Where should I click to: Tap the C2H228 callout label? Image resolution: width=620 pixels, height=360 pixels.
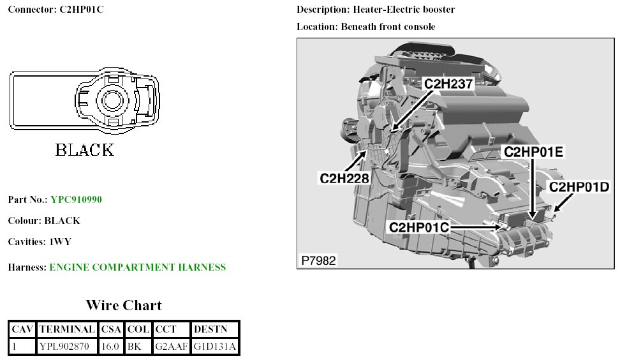pyautogui.click(x=344, y=178)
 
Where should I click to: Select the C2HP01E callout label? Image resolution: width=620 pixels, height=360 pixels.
pyautogui.click(x=533, y=152)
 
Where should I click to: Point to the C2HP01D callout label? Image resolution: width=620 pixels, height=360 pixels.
pyautogui.click(x=579, y=186)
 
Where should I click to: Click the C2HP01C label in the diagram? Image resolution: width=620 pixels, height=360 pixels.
pyautogui.click(x=419, y=227)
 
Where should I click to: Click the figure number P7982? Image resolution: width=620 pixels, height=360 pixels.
pyautogui.click(x=318, y=260)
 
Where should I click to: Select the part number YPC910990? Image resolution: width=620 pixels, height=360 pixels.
pyautogui.click(x=76, y=200)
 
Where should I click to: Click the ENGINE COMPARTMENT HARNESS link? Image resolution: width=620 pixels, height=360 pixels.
pyautogui.click(x=137, y=267)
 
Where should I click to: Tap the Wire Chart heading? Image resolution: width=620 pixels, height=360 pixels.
pyautogui.click(x=124, y=305)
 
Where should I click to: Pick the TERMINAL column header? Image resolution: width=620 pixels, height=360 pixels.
pyautogui.click(x=67, y=329)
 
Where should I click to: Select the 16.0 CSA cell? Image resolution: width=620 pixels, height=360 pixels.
pyautogui.click(x=110, y=347)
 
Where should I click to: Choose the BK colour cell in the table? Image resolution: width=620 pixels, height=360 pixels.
pyautogui.click(x=134, y=347)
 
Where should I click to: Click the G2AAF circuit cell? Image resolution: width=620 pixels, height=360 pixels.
pyautogui.click(x=170, y=347)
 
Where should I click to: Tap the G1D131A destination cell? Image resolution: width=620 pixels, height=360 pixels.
pyautogui.click(x=215, y=347)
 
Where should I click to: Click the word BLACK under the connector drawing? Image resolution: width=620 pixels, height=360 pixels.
pyautogui.click(x=85, y=151)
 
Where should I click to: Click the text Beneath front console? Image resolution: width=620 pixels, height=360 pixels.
pyautogui.click(x=388, y=27)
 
